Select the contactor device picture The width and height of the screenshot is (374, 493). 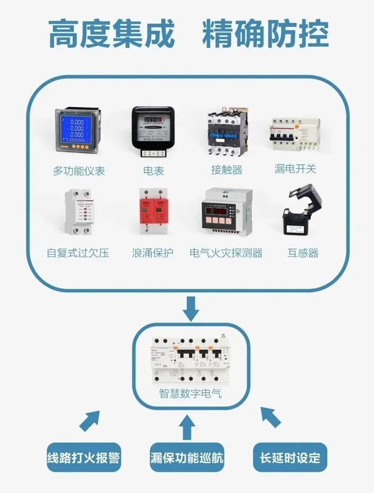coord(226,132)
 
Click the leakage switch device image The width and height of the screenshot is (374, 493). coord(295,136)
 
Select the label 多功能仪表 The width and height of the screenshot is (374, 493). coord(79,170)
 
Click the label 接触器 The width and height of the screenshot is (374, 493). coord(226,169)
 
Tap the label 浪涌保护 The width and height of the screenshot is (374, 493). coord(153,253)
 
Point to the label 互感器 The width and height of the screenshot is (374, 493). coord(303,253)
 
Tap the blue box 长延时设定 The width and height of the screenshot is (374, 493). coord(290,457)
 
